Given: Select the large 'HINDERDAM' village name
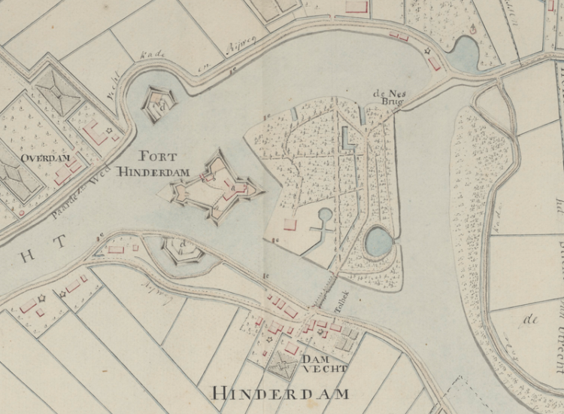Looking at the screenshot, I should coord(280,393).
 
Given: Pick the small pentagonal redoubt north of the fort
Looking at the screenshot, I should coord(159,105).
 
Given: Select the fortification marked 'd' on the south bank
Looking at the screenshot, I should coord(181,249).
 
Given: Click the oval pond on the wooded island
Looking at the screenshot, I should coord(378,242).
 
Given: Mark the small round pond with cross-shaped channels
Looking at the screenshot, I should coord(326,216).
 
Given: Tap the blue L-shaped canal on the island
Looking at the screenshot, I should coord(347,139).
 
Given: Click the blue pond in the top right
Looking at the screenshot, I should coord(465,55).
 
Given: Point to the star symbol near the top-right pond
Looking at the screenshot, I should coord(430,52).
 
